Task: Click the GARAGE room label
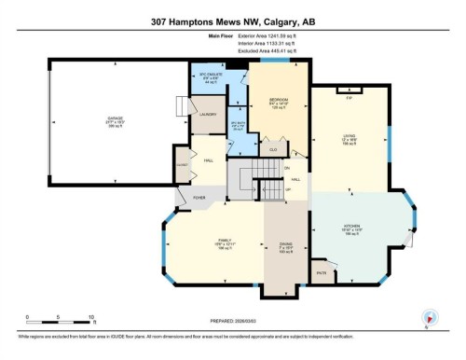click(x=115, y=118)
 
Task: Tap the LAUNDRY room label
click(x=208, y=114)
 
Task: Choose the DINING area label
click(x=287, y=245)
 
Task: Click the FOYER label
click(x=199, y=198)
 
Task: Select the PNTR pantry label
click(x=322, y=273)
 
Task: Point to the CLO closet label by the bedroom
click(x=274, y=148)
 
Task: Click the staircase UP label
click(x=288, y=190)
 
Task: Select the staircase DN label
click(x=287, y=167)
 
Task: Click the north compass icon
click(x=430, y=317)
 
